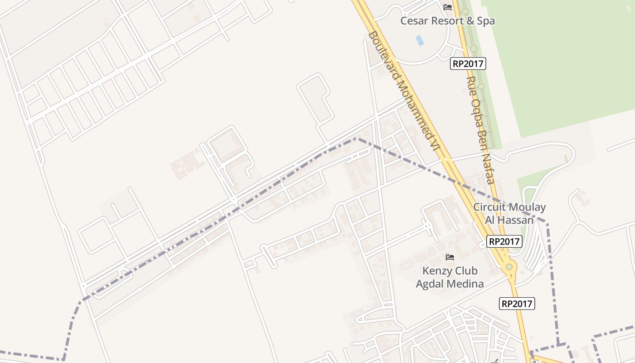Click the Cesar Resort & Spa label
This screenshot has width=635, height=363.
pyautogui.click(x=447, y=21)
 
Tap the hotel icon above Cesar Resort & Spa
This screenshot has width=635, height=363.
pyautogui.click(x=448, y=7)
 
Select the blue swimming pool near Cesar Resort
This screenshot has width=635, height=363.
pyautogui.click(x=420, y=40)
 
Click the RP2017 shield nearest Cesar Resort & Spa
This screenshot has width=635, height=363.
pyautogui.click(x=468, y=64)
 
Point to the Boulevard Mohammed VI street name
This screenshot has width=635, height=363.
pyautogui.click(x=404, y=91)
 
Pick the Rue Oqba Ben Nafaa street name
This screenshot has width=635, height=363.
pyautogui.click(x=480, y=130)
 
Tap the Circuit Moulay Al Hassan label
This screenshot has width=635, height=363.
pyautogui.click(x=509, y=213)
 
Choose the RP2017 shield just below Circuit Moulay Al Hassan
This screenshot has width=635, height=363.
pyautogui.click(x=504, y=241)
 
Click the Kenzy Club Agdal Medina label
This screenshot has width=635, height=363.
pyautogui.click(x=449, y=277)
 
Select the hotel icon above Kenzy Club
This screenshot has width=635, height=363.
pyautogui.click(x=450, y=257)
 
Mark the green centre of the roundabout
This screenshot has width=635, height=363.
pyautogui.click(x=509, y=267)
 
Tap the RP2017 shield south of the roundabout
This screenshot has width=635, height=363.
pyautogui.click(x=517, y=304)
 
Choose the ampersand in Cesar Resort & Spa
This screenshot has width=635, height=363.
pyautogui.click(x=470, y=21)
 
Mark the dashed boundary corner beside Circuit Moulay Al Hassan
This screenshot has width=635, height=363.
pyautogui.click(x=547, y=224)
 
